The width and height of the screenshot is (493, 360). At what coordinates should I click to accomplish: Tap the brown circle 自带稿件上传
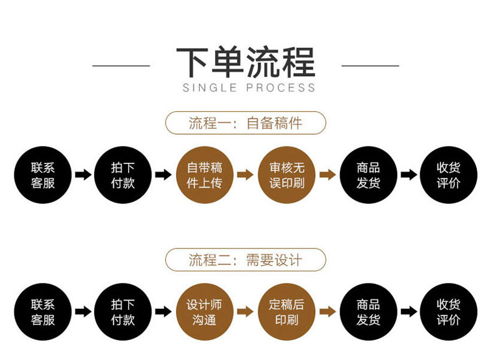click(x=205, y=175)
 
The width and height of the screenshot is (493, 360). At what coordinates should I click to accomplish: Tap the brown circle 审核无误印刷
click(x=286, y=175)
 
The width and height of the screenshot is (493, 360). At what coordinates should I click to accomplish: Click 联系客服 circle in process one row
click(x=42, y=175)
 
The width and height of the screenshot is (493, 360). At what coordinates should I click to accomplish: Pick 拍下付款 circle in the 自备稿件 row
click(x=123, y=175)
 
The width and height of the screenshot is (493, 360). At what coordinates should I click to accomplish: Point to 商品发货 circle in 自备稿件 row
click(x=368, y=175)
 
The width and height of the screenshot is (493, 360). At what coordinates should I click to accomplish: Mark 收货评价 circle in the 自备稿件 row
click(x=449, y=175)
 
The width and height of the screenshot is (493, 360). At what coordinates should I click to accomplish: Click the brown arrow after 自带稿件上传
click(x=245, y=175)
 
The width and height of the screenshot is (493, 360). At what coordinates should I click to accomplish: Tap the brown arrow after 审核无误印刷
click(x=327, y=175)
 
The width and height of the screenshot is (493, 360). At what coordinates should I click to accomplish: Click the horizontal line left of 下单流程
click(x=121, y=65)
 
